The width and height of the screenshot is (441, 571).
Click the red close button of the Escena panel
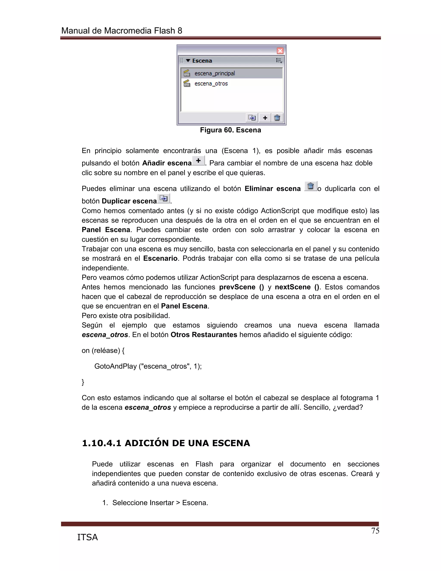280,51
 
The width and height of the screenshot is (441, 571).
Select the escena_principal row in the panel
231,73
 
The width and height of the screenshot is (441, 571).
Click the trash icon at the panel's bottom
277,118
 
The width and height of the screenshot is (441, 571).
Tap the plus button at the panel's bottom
265,118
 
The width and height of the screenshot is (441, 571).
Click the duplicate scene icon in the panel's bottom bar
252,118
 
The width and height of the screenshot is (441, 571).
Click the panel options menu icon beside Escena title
279,61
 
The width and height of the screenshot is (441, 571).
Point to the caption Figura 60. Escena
230,130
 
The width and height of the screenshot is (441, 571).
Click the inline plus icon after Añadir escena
198,161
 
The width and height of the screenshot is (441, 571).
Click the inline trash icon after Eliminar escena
311,186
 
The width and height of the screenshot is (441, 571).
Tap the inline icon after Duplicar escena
164,198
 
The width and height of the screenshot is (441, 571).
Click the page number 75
375,531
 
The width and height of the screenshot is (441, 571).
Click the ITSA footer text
87,537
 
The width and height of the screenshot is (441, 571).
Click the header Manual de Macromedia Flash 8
121,31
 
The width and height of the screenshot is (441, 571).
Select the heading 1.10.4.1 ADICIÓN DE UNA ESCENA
166,443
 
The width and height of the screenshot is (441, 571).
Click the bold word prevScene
237,287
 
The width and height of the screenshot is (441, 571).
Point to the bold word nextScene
292,287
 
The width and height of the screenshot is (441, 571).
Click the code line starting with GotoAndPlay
148,366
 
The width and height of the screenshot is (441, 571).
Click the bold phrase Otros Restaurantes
204,335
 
